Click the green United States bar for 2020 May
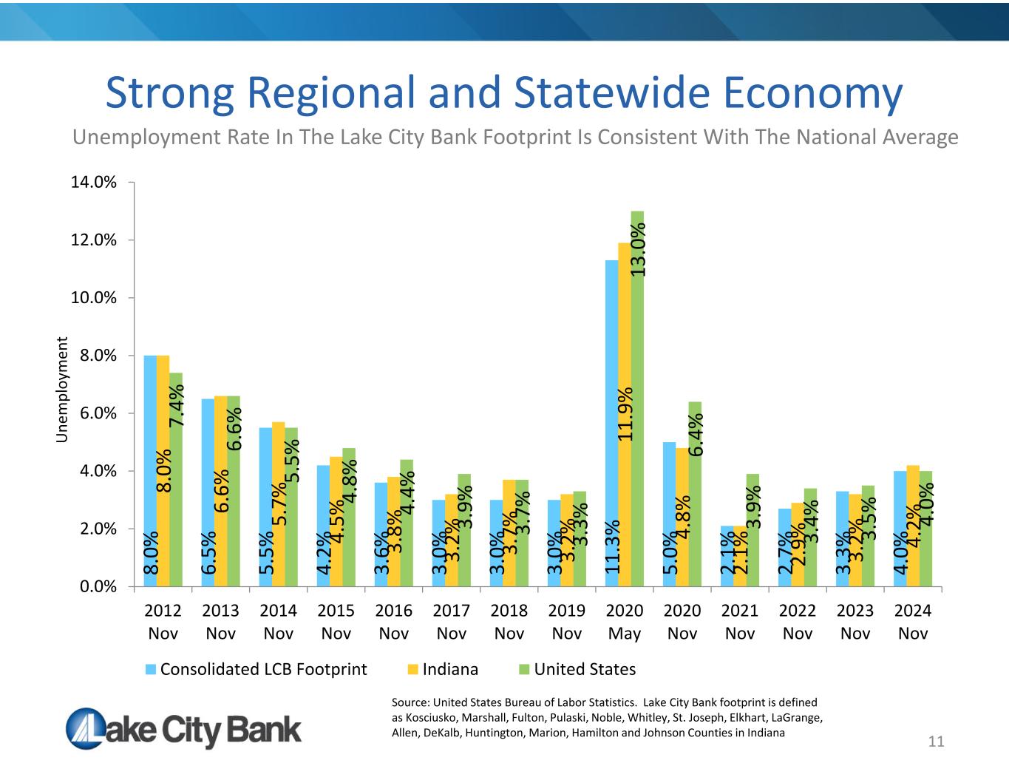coord(637,399)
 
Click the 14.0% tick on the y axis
coord(93,182)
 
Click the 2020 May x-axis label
coord(625,622)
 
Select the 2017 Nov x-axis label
coord(452,622)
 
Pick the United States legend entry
coord(584,669)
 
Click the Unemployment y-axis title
coord(64,390)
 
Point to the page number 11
coord(936,742)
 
